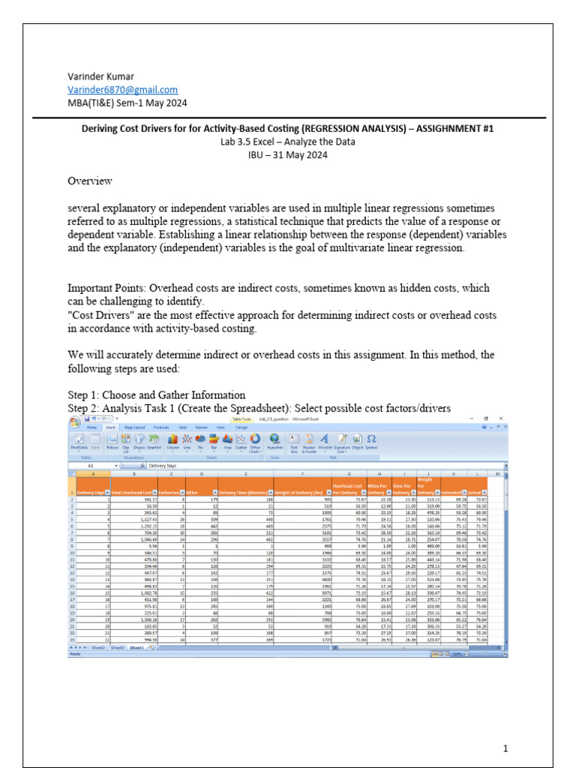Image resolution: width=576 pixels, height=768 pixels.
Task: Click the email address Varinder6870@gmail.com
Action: pos(122,89)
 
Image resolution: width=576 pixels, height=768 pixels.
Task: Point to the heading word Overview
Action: pos(90,181)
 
